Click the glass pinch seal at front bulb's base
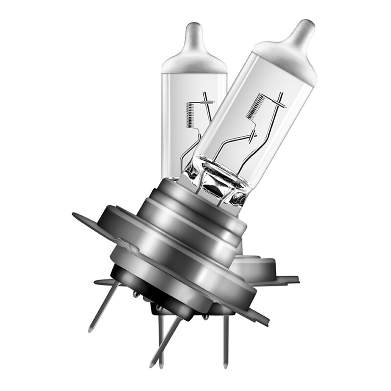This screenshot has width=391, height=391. pyautogui.click(x=217, y=181)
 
